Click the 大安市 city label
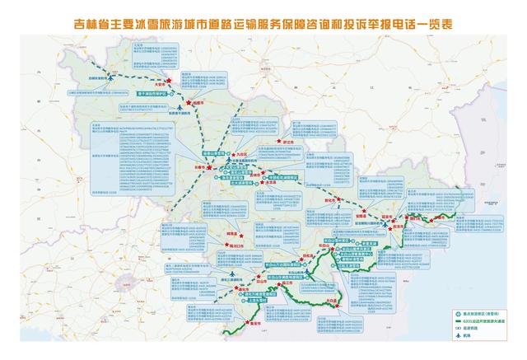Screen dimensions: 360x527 click(161, 84)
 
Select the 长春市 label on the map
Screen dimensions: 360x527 click(197, 166)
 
